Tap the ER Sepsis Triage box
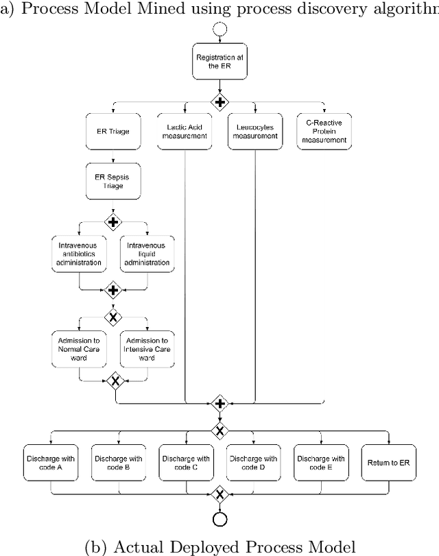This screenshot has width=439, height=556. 113,180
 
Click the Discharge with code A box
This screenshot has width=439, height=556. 51,463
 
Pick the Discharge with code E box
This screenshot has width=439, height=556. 321,463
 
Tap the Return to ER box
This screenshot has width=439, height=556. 388,463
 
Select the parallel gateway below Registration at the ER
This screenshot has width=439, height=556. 219,103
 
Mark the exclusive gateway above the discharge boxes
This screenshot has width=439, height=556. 219,431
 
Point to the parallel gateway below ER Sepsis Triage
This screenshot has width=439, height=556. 113,222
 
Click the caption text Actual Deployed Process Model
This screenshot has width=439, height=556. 219,546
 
